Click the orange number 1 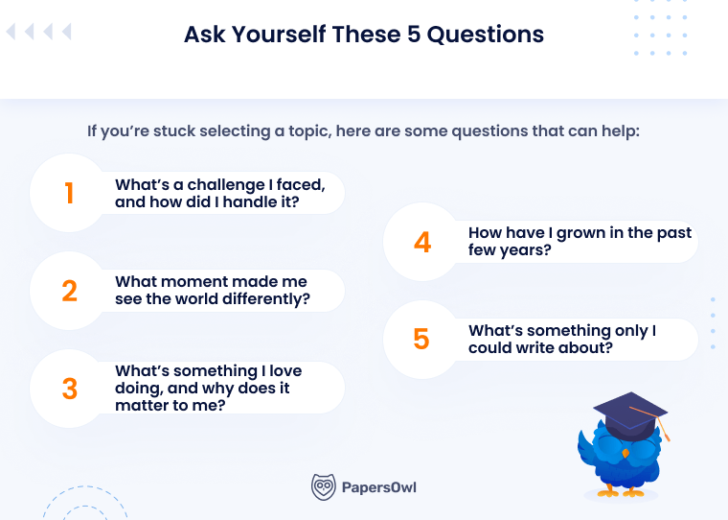[69, 193]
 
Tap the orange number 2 [69, 291]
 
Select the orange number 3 [69, 389]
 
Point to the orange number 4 [422, 242]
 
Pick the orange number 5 [421, 340]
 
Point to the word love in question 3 [283, 370]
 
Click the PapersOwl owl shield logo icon [324, 487]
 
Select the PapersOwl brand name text [379, 487]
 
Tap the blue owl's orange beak [625, 451]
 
